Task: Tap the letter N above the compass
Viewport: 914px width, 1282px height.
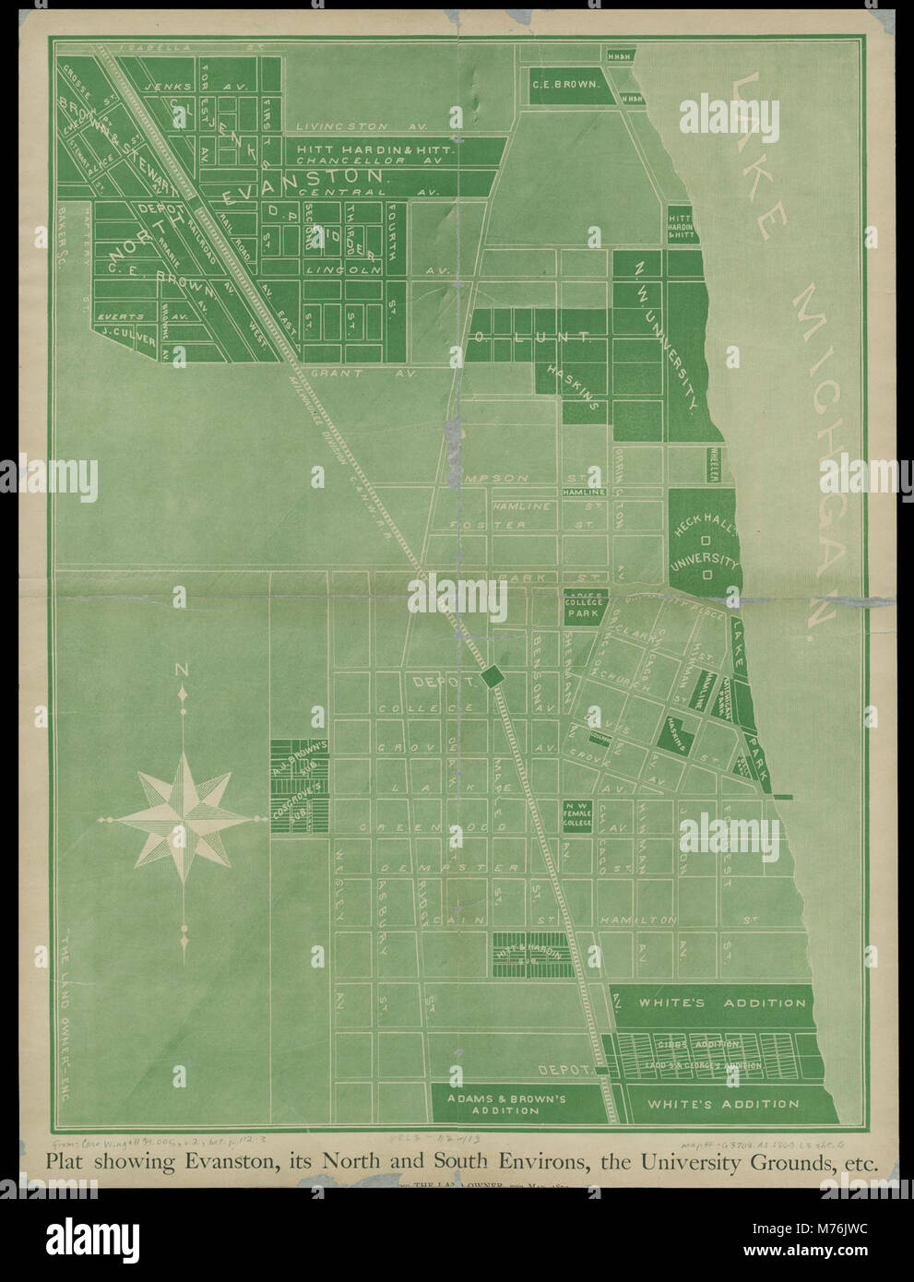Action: pyautogui.click(x=183, y=671)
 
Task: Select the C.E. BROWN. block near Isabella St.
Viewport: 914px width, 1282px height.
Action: pyautogui.click(x=565, y=84)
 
